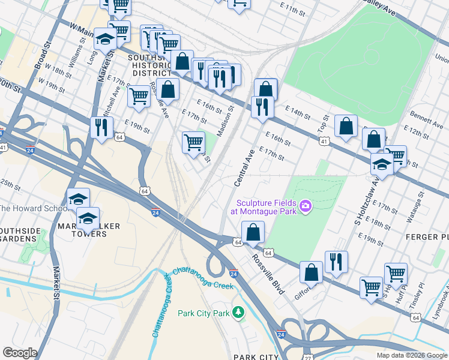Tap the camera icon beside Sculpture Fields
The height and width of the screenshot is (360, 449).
(x=305, y=207)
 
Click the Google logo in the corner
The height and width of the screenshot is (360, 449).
(x=20, y=353)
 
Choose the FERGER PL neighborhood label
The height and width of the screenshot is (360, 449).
(x=427, y=237)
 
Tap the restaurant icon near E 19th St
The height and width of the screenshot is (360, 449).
(x=101, y=127)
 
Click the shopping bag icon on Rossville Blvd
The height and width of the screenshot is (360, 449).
(x=253, y=232)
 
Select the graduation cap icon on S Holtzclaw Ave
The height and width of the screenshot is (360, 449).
(x=382, y=163)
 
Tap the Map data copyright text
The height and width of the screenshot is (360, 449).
(x=411, y=355)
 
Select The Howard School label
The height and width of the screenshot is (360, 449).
(x=33, y=208)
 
